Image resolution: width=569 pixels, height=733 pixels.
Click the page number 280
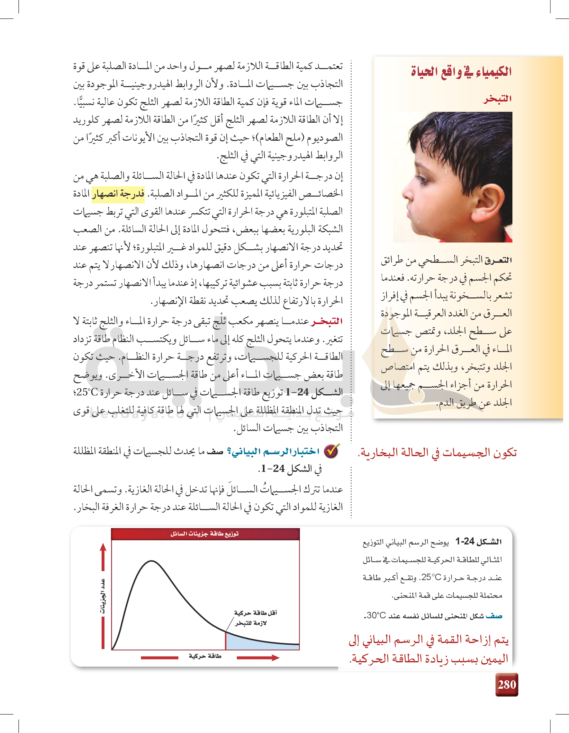pos(507,684)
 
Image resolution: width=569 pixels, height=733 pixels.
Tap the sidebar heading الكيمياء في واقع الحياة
pos(461,72)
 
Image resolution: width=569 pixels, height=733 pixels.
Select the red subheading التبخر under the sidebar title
pos(497,99)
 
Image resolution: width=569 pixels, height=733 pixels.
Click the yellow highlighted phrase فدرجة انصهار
pos(118,194)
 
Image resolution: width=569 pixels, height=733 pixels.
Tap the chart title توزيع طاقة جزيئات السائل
pos(204,534)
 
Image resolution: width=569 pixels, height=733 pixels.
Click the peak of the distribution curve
pos(151,561)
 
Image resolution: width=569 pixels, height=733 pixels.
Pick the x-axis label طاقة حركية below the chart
pos(205,656)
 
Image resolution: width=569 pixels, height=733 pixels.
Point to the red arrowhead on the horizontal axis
pos(275,658)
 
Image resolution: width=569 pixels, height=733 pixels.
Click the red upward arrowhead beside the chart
pos(103,547)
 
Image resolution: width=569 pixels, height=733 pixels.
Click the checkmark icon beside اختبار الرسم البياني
pos(331,451)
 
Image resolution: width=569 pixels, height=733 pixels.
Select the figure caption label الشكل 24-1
pos(478,541)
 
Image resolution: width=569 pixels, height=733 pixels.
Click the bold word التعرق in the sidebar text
pos(499,260)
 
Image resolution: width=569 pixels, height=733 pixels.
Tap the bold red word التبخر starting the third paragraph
pos(326,321)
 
